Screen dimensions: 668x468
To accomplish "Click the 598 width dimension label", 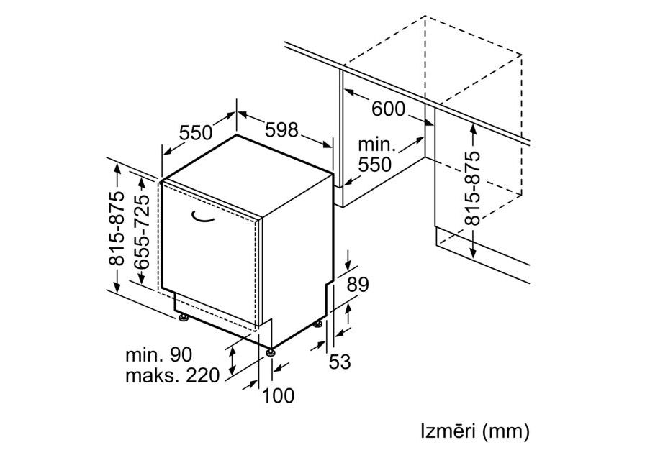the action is pos(281,130).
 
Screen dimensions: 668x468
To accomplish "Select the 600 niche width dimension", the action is pos(388,109).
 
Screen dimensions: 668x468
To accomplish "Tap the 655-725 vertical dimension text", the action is pos(142,232).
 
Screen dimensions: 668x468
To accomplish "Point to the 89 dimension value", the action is pos(357,285).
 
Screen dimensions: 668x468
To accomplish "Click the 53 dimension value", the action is pos(340,362).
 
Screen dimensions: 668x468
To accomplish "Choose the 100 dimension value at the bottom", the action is pos(278,395).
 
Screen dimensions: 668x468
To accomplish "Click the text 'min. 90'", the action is pos(158,354).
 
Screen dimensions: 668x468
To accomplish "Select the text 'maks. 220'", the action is pos(172,375).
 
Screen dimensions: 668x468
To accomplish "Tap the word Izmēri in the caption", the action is pos(448,431).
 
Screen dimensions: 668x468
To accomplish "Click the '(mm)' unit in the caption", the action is pos(506,431).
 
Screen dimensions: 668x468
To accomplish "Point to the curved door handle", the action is pos(202,216).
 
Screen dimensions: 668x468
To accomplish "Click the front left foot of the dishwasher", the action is pos(184,317).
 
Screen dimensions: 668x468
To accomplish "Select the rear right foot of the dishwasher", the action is pos(318,325).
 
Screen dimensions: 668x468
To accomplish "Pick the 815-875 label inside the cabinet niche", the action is pos(472,188).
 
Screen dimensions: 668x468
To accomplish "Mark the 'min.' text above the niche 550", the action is pos(377,145).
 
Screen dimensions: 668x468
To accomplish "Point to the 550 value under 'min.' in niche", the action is pos(375,165).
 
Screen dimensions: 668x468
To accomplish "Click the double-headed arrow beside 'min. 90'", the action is pos(233,359).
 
